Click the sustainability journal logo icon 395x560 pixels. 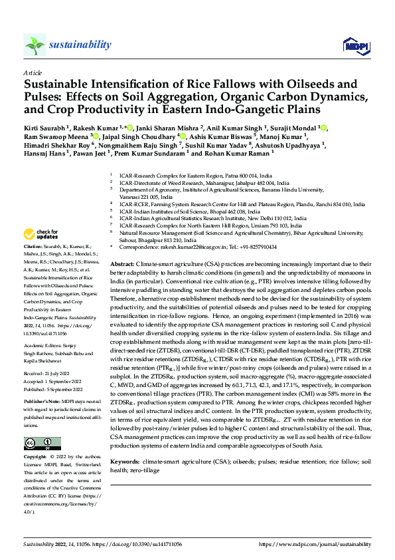(35, 45)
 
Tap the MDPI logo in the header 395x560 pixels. (352, 45)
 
